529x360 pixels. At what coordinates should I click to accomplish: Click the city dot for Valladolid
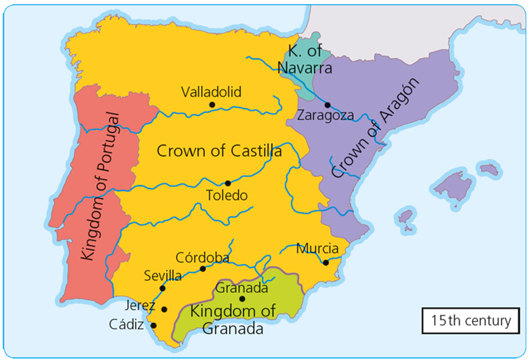pos(212,105)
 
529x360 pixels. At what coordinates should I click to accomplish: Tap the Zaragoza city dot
pos(328,105)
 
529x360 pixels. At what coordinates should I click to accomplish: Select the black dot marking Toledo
pos(228,183)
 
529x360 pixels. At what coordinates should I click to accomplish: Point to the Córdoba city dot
pos(203,268)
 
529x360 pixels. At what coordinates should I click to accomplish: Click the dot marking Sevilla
pos(163,288)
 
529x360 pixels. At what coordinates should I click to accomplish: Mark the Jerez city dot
pos(164,309)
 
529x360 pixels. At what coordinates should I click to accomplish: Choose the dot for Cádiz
pos(153,326)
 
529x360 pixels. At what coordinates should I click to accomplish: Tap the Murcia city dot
pos(325,262)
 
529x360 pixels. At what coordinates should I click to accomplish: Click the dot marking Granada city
pos(242,298)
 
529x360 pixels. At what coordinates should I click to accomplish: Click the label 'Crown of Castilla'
pos(219,152)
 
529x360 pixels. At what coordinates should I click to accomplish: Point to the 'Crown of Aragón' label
pos(375,128)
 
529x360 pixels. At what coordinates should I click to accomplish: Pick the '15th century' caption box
pos(471,320)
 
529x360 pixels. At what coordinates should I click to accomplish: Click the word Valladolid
pos(211,91)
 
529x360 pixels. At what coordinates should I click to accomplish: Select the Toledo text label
pos(226,195)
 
